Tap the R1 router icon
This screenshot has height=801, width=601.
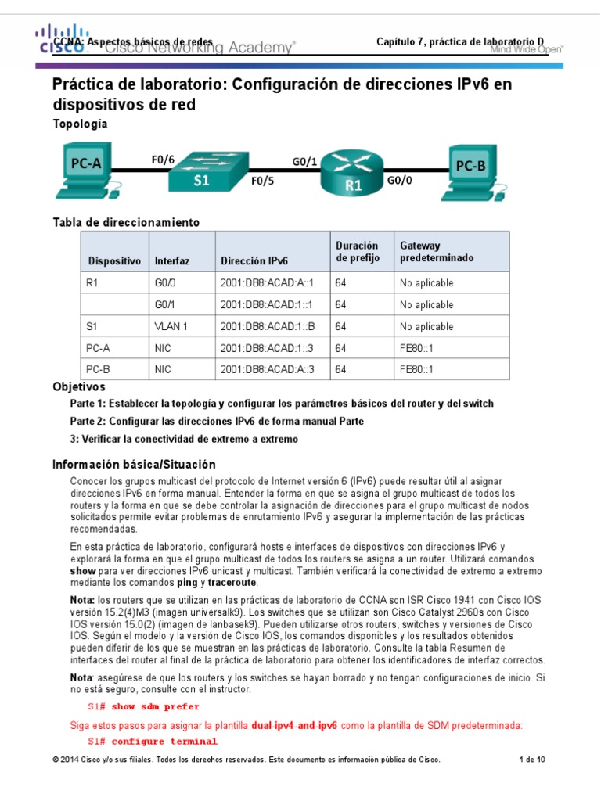coord(354,175)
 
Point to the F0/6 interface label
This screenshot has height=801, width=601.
coord(162,160)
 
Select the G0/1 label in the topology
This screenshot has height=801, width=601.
coord(304,162)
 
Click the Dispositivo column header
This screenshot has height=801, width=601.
coord(114,261)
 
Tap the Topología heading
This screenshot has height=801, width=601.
coord(80,124)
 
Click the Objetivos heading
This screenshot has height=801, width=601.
coord(78,387)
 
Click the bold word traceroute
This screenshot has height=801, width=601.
coord(232,583)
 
